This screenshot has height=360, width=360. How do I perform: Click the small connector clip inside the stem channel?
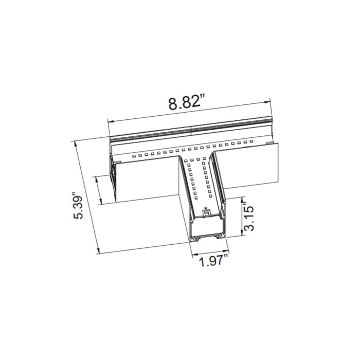pyautogui.click(x=206, y=212)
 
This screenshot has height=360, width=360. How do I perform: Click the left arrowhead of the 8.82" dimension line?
pyautogui.click(x=109, y=121)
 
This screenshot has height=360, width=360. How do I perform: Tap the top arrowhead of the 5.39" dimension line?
pyautogui.click(x=76, y=141)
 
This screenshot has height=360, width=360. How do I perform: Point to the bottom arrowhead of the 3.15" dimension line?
pyautogui.click(x=242, y=234)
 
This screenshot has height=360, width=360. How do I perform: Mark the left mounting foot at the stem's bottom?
pyautogui.click(x=195, y=238)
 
